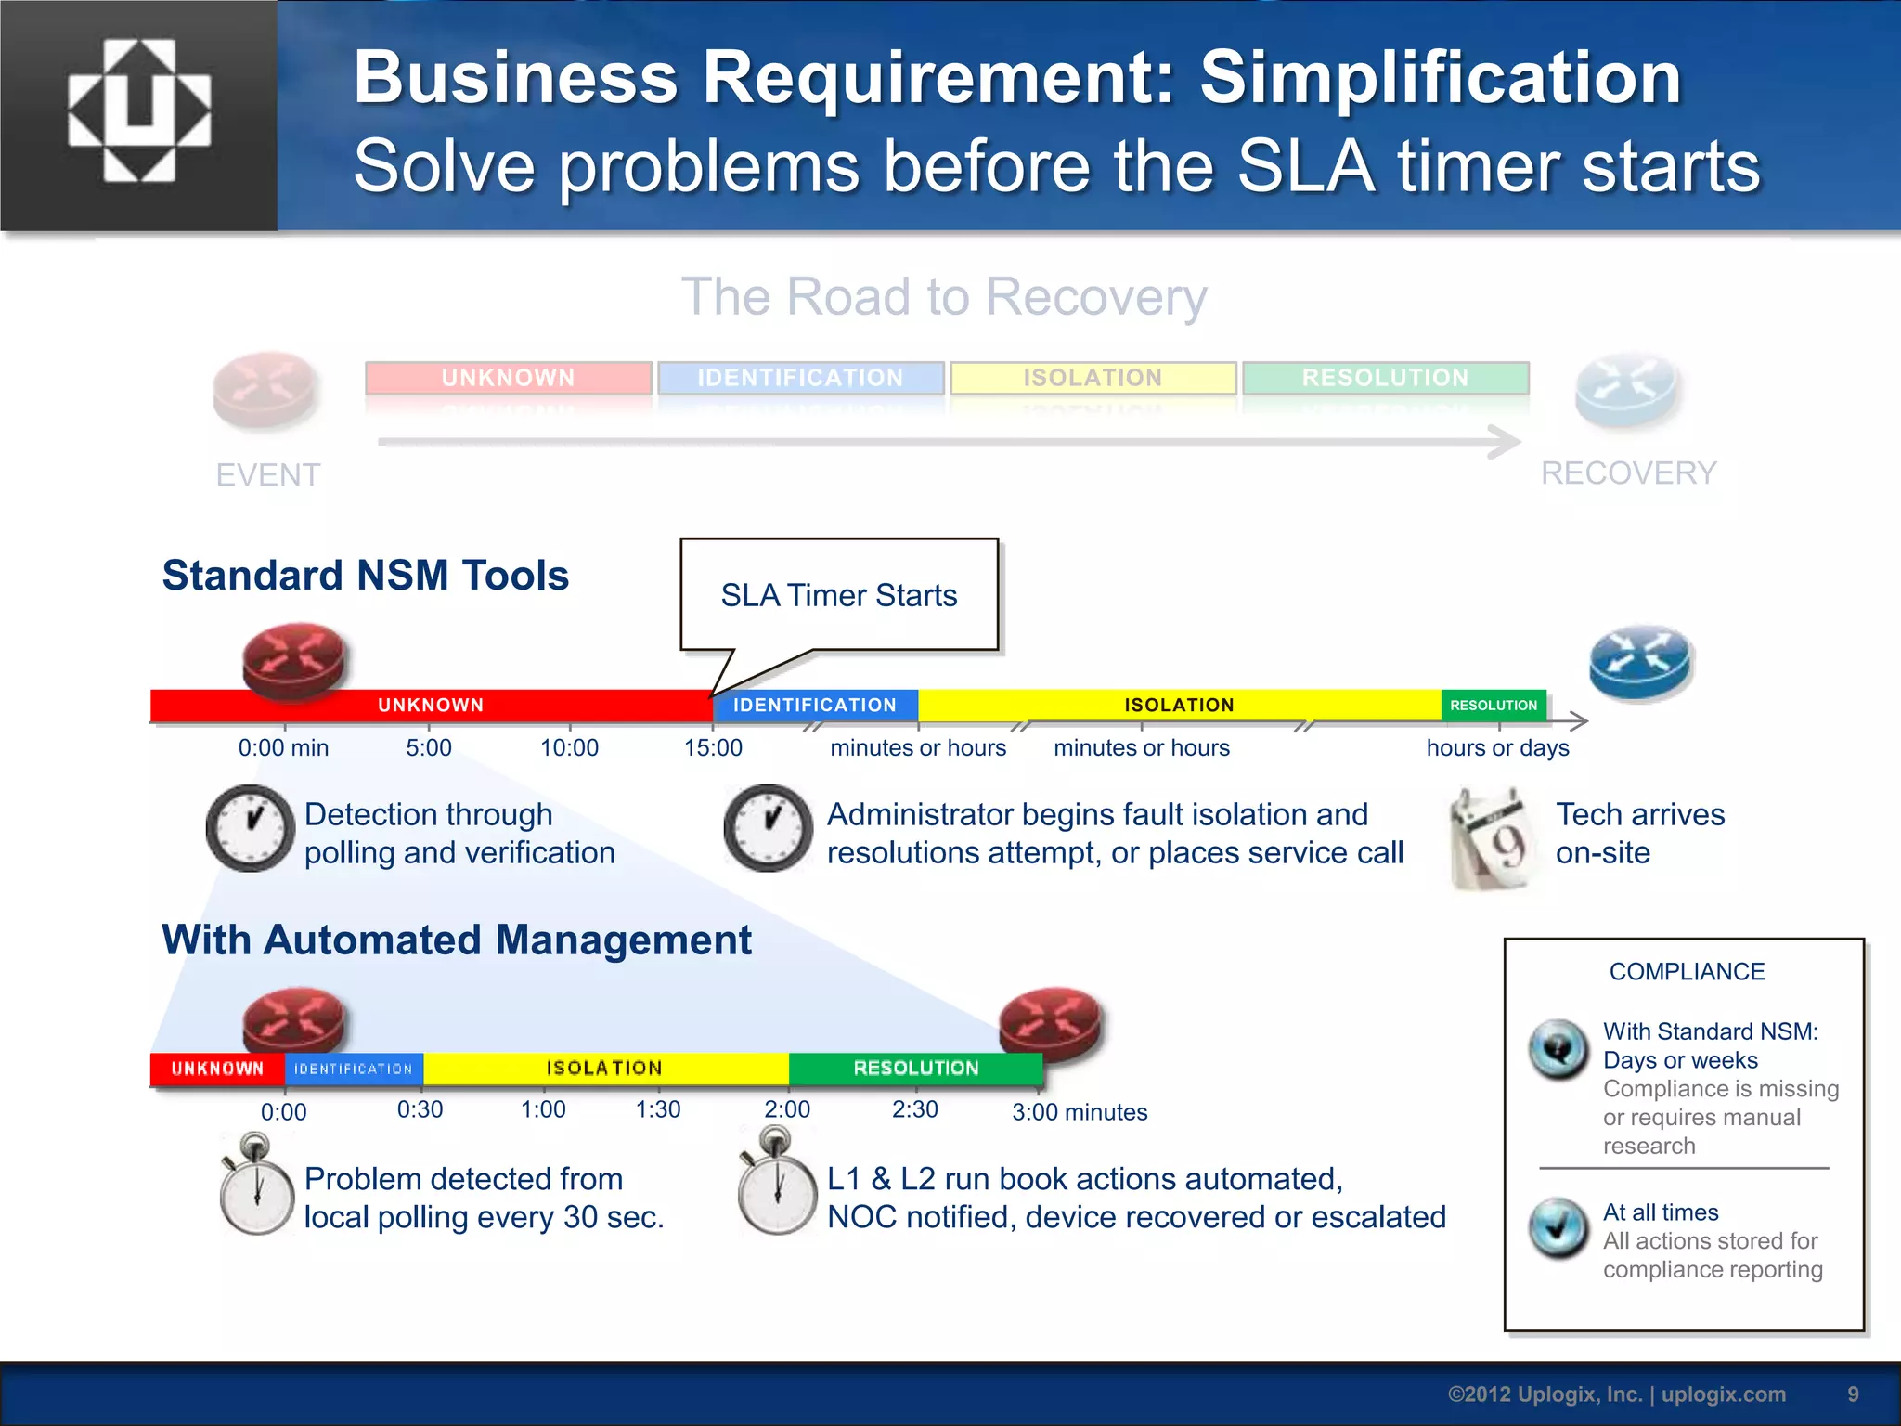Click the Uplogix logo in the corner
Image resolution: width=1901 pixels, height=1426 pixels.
pyautogui.click(x=139, y=111)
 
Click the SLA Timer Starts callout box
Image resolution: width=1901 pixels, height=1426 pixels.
pyautogui.click(x=839, y=595)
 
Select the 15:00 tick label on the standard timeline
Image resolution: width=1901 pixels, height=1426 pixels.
pyautogui.click(x=713, y=747)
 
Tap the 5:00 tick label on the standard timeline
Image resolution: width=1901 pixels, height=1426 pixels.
pyautogui.click(x=428, y=747)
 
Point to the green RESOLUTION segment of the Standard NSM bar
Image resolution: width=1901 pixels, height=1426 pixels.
pyautogui.click(x=1494, y=706)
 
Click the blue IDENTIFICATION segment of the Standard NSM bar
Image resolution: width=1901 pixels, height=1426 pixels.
pyautogui.click(x=815, y=706)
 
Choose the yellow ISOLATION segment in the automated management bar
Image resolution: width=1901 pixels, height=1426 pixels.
pyautogui.click(x=604, y=1069)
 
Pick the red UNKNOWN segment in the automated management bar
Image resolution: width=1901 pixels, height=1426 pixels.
pyautogui.click(x=217, y=1069)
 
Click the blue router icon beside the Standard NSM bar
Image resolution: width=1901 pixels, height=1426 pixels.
pyautogui.click(x=1641, y=663)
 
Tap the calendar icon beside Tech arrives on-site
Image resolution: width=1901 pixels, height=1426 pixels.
pyautogui.click(x=1490, y=838)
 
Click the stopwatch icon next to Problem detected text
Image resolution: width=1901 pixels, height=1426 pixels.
pyautogui.click(x=256, y=1186)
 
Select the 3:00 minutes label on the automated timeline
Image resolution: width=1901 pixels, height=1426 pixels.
pyautogui.click(x=1080, y=1112)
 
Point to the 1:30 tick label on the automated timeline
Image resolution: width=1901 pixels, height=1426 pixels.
pyautogui.click(x=657, y=1109)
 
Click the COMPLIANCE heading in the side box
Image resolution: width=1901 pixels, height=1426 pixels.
pyautogui.click(x=1687, y=972)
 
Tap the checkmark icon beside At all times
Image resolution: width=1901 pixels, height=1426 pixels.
pyautogui.click(x=1558, y=1227)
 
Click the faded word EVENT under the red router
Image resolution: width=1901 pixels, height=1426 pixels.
pyautogui.click(x=268, y=475)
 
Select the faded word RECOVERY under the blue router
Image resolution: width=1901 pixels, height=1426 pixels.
pyautogui.click(x=1628, y=473)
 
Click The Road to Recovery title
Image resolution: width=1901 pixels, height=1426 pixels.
pyautogui.click(x=944, y=297)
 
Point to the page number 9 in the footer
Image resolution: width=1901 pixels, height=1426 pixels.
pyautogui.click(x=1853, y=1394)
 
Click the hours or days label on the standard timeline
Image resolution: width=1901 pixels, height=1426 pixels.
pyautogui.click(x=1497, y=747)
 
